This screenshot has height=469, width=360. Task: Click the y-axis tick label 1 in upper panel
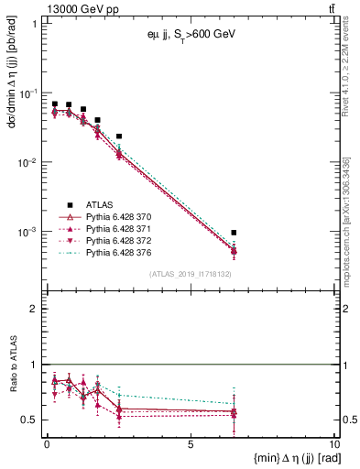pos(34,24)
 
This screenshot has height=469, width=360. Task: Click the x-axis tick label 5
pos(190,443)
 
